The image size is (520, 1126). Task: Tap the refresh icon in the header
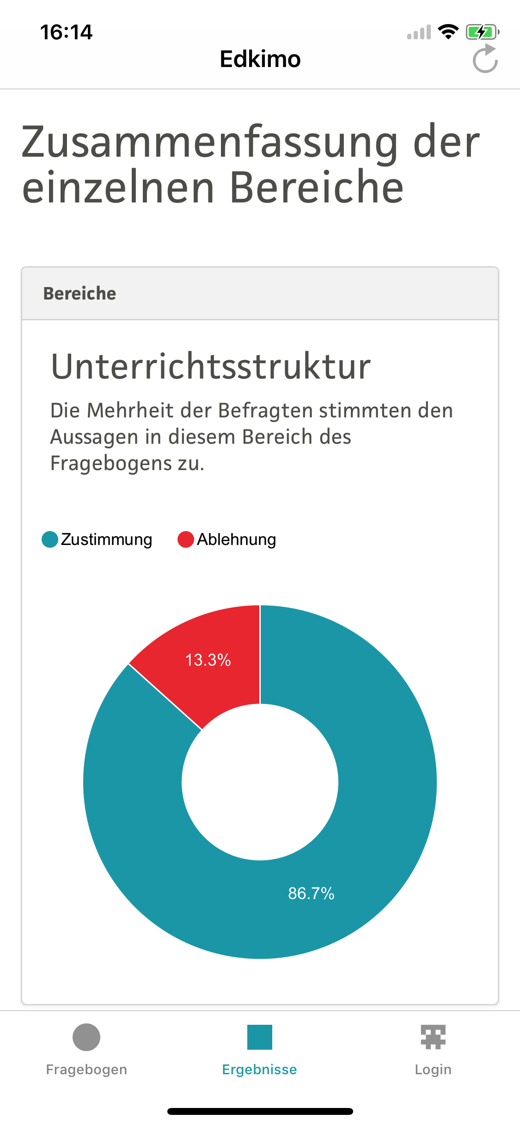click(x=485, y=60)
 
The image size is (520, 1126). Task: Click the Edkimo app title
click(x=260, y=59)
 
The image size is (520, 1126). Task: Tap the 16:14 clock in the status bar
click(x=66, y=32)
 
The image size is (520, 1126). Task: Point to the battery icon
click(x=482, y=32)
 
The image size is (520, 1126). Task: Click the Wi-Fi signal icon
click(x=448, y=31)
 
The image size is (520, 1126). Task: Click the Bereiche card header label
click(x=80, y=294)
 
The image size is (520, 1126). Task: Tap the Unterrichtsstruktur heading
click(x=211, y=367)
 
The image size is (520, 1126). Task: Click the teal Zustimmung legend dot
click(x=50, y=539)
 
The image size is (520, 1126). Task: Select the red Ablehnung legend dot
click(x=185, y=539)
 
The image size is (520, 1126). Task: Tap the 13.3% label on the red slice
click(x=208, y=660)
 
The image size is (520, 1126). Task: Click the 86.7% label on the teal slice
click(x=311, y=893)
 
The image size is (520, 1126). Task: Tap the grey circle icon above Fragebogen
click(x=86, y=1037)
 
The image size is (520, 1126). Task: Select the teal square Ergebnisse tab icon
click(x=260, y=1037)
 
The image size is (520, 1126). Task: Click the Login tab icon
click(x=433, y=1037)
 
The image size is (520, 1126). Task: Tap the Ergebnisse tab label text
click(x=260, y=1070)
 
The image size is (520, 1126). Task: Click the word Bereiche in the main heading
click(x=317, y=187)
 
